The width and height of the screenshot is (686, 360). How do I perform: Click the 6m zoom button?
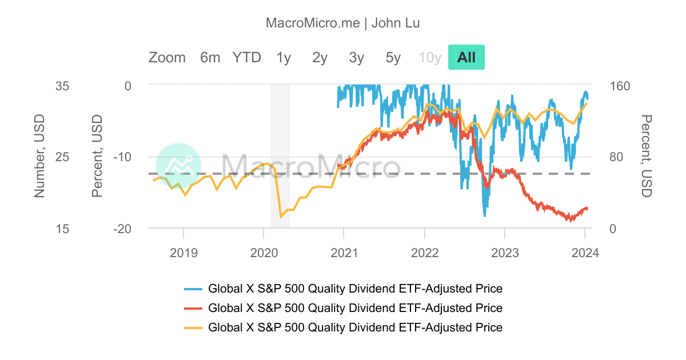tap(210, 57)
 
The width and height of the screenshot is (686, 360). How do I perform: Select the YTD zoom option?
tap(246, 57)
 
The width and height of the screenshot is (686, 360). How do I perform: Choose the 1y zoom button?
tap(284, 57)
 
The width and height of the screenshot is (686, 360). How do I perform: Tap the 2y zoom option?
tap(320, 57)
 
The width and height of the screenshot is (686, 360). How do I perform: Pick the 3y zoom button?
tap(357, 57)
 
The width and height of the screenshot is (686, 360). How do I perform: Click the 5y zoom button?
tap(393, 57)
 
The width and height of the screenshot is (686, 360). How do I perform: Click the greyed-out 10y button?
tap(430, 57)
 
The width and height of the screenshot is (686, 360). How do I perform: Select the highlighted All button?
tap(466, 57)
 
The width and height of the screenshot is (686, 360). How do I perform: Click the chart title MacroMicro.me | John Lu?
tap(343, 23)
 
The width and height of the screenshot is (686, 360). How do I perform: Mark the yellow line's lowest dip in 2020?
tap(281, 217)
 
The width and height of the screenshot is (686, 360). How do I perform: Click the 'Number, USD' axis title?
tap(39, 155)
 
